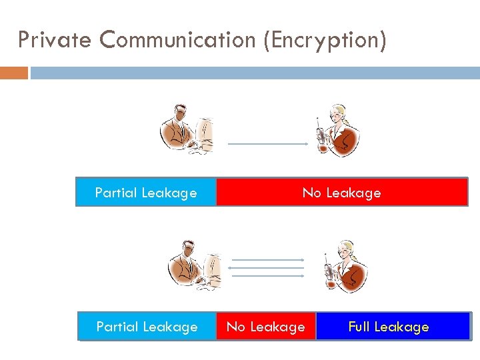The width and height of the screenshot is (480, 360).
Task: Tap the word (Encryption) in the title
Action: point(325,40)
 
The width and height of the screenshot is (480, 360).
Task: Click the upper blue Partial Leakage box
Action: point(146,192)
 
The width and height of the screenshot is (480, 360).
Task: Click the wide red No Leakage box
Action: point(341,192)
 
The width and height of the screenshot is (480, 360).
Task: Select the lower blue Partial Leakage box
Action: point(147,327)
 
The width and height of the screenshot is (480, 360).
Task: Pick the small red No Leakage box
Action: point(265,327)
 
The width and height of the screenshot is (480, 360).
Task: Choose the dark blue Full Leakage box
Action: point(393,327)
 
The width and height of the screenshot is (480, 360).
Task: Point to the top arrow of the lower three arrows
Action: point(267,259)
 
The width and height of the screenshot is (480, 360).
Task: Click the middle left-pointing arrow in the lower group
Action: point(267,267)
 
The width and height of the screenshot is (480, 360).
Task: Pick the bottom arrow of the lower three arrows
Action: point(267,275)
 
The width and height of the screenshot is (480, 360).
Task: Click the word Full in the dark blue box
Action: point(360,327)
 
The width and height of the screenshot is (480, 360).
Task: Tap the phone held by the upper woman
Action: point(321,133)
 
